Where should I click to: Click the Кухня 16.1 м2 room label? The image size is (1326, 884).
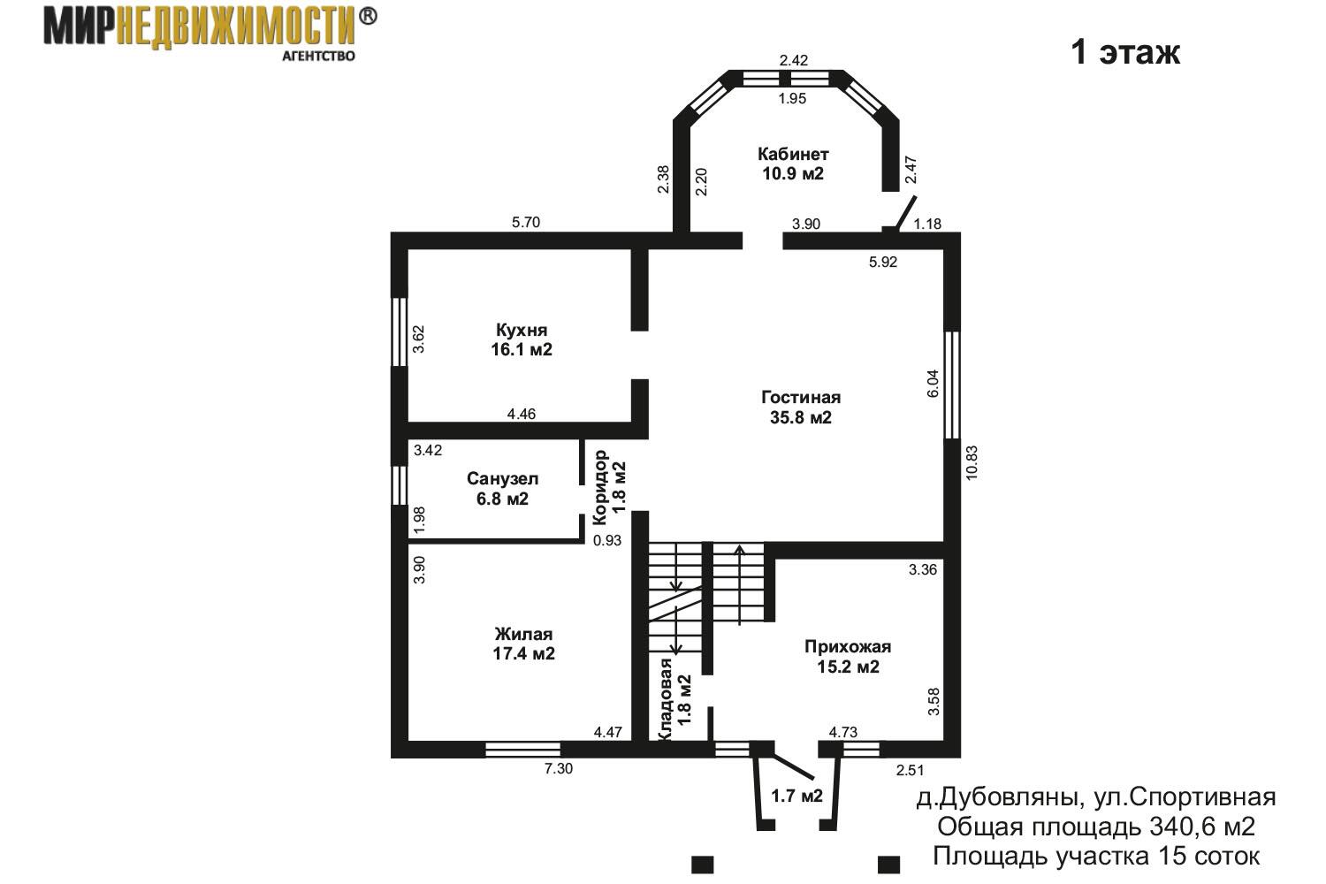[522, 339]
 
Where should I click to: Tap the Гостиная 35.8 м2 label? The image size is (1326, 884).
[801, 408]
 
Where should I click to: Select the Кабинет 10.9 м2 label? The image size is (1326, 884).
[793, 164]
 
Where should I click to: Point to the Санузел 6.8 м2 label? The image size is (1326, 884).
[503, 489]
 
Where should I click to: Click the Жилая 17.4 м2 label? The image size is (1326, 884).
[524, 644]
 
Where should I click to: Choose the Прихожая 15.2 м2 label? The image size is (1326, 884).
[848, 657]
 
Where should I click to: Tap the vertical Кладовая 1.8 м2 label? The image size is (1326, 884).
[675, 698]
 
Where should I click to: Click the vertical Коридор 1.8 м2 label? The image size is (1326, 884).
[609, 487]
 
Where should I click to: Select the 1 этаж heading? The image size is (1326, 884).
[1125, 52]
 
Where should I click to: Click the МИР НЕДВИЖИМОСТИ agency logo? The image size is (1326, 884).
[210, 33]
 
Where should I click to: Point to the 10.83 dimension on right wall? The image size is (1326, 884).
[972, 470]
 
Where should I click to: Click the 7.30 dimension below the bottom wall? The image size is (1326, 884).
[558, 768]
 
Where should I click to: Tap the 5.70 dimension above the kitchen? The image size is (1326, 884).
[526, 222]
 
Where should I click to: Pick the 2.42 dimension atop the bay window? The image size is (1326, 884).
[793, 60]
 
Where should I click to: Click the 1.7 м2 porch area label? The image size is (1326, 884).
[796, 796]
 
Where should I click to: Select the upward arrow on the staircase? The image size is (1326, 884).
[739, 584]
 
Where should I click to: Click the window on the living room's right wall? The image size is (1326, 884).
[952, 385]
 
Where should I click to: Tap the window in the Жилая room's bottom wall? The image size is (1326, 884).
[522, 750]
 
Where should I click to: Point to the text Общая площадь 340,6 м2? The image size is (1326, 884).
[1096, 827]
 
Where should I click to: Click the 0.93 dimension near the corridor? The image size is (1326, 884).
[607, 540]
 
